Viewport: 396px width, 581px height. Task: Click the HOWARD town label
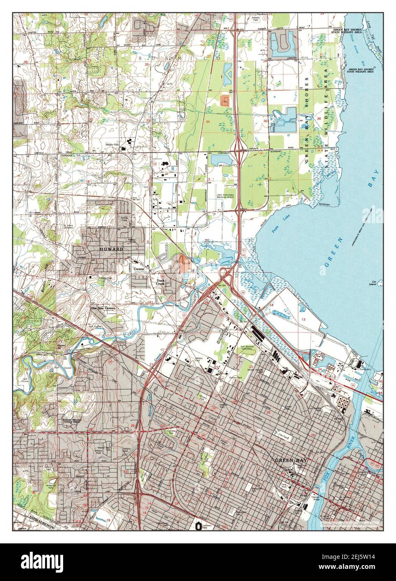(111, 249)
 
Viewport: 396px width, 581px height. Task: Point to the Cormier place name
(139, 269)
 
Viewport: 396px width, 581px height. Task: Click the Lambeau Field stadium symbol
(198, 526)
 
